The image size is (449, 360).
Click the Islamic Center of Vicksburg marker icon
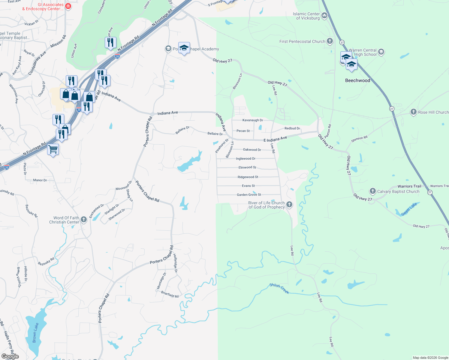tap(324, 16)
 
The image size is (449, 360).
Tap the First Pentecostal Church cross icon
tap(330, 41)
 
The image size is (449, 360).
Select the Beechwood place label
tap(357, 80)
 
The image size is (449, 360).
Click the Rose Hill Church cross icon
tap(413, 112)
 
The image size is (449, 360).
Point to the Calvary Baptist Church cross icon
tap(372, 191)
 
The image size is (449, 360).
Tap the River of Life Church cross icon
tap(289, 205)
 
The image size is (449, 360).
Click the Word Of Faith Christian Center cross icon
tap(84, 220)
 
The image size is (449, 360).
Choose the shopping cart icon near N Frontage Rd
tap(53, 149)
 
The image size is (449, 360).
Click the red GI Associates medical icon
tap(68, 6)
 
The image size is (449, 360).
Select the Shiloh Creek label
tap(279, 288)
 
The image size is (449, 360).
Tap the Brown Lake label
tap(35, 332)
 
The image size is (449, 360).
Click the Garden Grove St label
tap(249, 195)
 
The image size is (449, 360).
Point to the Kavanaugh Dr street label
tap(252, 120)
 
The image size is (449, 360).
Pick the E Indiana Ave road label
tap(275, 139)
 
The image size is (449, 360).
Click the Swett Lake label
tap(409, 209)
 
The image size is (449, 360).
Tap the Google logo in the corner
tap(10, 356)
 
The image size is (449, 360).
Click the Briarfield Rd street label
tap(170, 294)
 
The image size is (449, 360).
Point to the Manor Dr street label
tap(40, 180)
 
